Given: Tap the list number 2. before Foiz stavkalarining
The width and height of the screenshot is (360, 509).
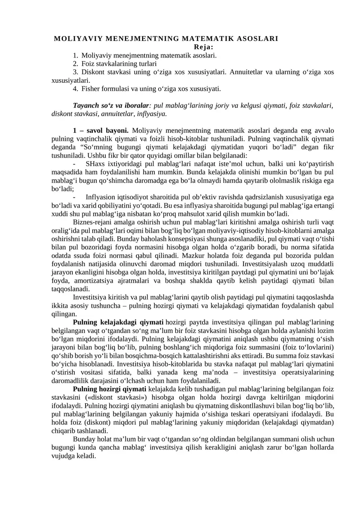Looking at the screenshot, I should click(x=76, y=64).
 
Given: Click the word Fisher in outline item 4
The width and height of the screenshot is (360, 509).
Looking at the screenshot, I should click(x=92, y=89).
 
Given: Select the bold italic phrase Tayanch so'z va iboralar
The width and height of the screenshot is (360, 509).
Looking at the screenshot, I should click(x=107, y=105).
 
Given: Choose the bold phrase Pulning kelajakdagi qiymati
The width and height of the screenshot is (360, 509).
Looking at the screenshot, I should click(x=118, y=322).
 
